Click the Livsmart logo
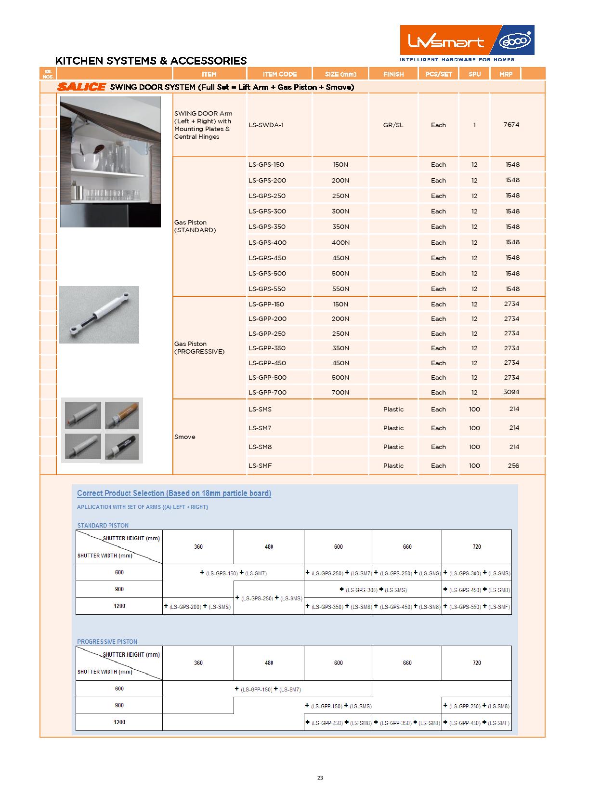point(445,41)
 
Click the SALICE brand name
point(81,87)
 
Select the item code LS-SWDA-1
point(266,125)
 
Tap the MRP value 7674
point(511,125)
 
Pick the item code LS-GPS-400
point(267,242)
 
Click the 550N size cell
point(340,289)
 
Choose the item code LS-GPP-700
point(267,393)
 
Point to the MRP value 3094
point(511,392)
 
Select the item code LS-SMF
point(261,466)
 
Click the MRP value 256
point(513,466)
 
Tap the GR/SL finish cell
point(393,125)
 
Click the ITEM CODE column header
point(280,74)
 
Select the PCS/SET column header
point(439,74)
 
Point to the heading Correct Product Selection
point(174,493)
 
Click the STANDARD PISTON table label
point(103,526)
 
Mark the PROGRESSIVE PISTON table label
point(107,642)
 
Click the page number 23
point(320,778)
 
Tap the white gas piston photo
point(99,315)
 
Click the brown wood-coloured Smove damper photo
point(122,415)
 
